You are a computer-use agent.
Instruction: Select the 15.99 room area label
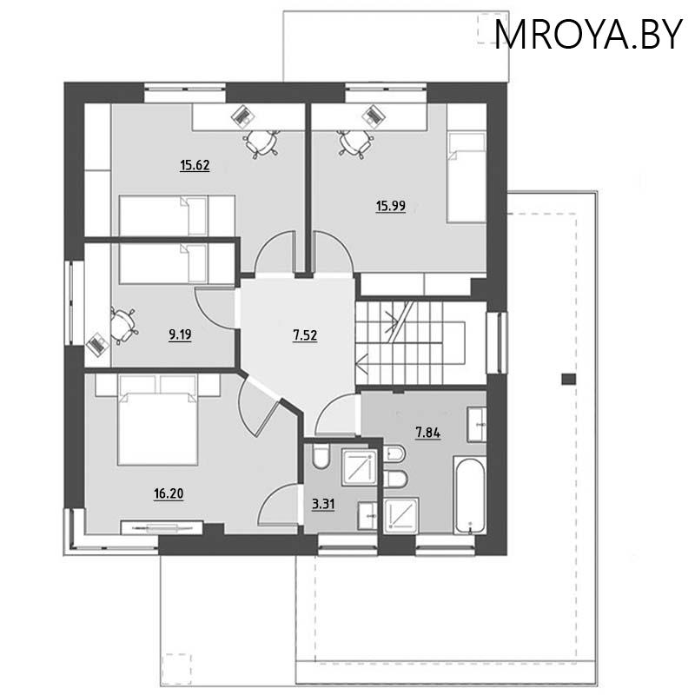tap(390, 206)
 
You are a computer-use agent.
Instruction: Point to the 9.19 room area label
tap(181, 333)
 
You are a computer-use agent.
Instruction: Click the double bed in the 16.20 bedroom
tap(156, 427)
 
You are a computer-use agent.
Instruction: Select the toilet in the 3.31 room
tap(319, 457)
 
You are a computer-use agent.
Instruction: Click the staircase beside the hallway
tap(408, 339)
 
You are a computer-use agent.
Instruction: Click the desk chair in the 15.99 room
tap(352, 142)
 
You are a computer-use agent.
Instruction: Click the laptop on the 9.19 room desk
tap(96, 344)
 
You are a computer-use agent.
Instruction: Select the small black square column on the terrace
tap(567, 378)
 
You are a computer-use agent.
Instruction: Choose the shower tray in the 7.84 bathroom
tap(400, 513)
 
